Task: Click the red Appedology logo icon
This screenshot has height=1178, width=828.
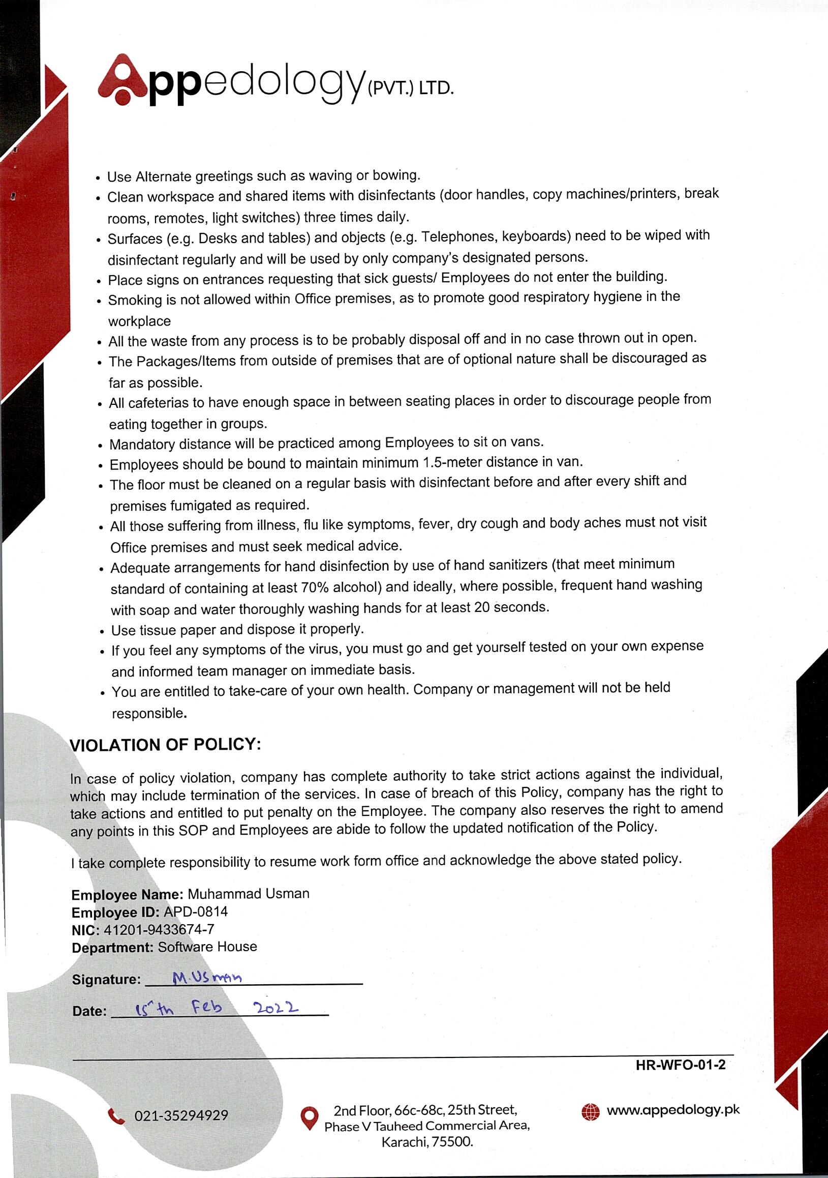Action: coord(122,80)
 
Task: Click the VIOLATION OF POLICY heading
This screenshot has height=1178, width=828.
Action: coord(165,745)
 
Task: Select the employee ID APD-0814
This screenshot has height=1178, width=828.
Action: coord(195,911)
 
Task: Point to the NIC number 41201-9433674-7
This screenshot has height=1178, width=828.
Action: coord(159,929)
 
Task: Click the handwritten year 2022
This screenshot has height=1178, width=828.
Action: coord(275,1008)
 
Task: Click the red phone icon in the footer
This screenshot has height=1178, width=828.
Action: coord(116,1115)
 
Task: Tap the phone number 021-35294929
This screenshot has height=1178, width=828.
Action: coord(181,1115)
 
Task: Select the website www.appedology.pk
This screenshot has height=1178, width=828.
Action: coord(673,1110)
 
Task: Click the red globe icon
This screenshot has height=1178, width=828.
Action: coord(590,1111)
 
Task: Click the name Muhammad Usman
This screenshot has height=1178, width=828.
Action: coord(248,894)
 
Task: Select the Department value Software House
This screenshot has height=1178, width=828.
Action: coord(207,947)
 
